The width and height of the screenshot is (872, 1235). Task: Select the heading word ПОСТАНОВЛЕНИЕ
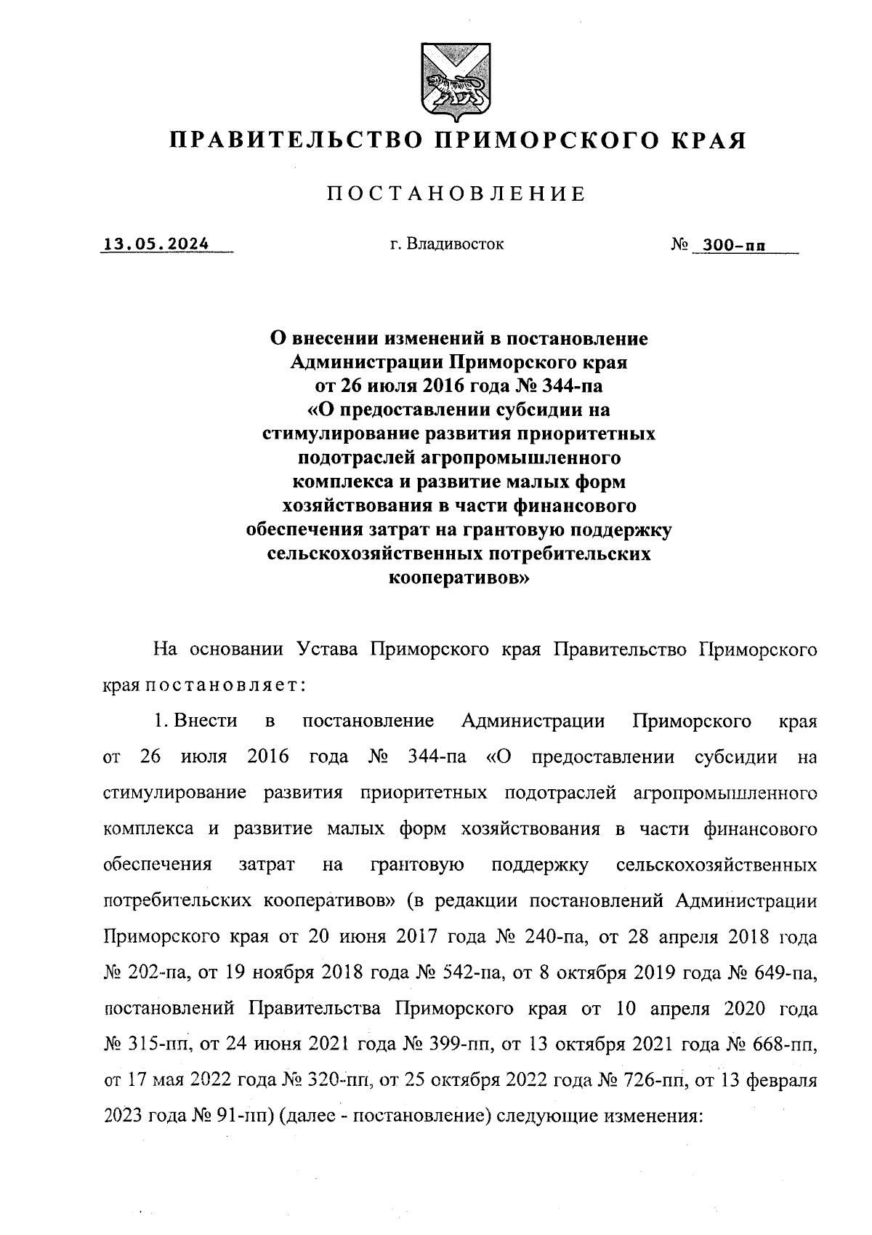coord(455,193)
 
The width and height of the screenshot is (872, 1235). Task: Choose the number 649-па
coord(784,973)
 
